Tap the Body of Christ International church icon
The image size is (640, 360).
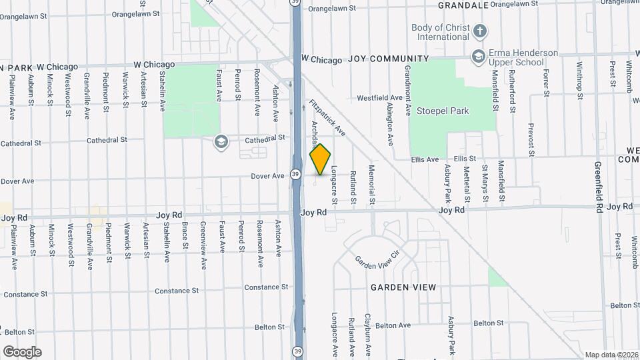[479, 31]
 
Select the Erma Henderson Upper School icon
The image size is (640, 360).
[478, 57]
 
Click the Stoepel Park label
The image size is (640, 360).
[442, 111]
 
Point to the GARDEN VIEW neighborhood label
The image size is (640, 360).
[404, 287]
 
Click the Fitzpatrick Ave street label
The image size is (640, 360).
[327, 118]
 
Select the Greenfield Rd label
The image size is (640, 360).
[599, 187]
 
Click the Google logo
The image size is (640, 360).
[22, 351]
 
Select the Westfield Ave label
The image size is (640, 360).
[379, 97]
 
